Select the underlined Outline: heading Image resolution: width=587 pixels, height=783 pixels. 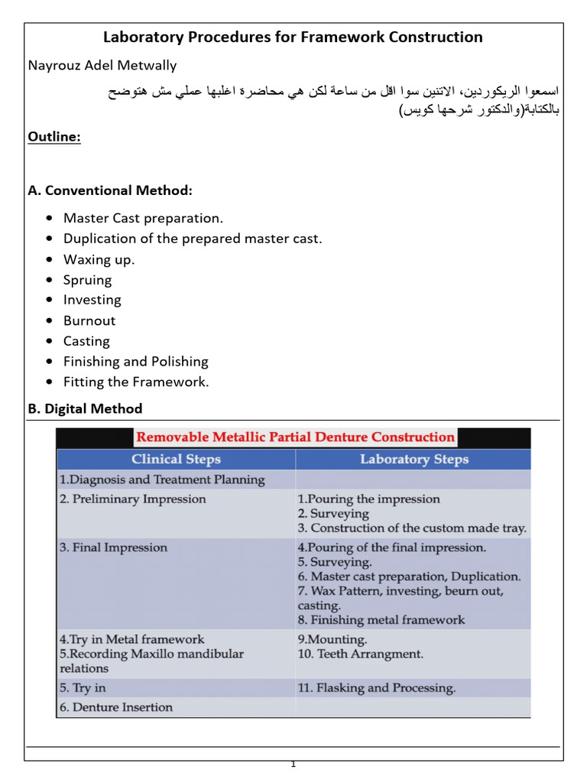pyautogui.click(x=54, y=137)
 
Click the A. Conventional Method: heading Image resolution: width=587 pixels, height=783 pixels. pyautogui.click(x=110, y=190)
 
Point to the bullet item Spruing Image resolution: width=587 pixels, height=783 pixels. pyautogui.click(x=87, y=280)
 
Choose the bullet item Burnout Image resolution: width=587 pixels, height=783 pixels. pyautogui.click(x=89, y=320)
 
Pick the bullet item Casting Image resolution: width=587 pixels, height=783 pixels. pyautogui.click(x=86, y=341)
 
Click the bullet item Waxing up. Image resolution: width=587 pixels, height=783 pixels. pyautogui.click(x=99, y=259)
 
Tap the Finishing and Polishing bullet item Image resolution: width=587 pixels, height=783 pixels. pyautogui.click(x=135, y=361)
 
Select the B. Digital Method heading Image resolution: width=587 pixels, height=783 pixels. pyautogui.click(x=85, y=408)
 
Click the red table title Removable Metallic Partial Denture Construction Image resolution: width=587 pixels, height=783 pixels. pyautogui.click(x=294, y=437)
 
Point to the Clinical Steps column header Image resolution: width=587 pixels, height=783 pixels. pyautogui.click(x=176, y=460)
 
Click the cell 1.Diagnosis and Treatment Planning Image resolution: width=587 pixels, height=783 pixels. pyautogui.click(x=162, y=480)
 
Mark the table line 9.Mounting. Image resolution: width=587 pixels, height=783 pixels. pyautogui.click(x=332, y=638)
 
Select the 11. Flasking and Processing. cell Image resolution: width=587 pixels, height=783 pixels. pyautogui.click(x=376, y=687)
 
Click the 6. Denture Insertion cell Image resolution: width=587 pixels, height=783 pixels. pyautogui.click(x=116, y=707)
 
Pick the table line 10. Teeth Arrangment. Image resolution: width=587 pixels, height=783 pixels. pyautogui.click(x=360, y=654)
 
